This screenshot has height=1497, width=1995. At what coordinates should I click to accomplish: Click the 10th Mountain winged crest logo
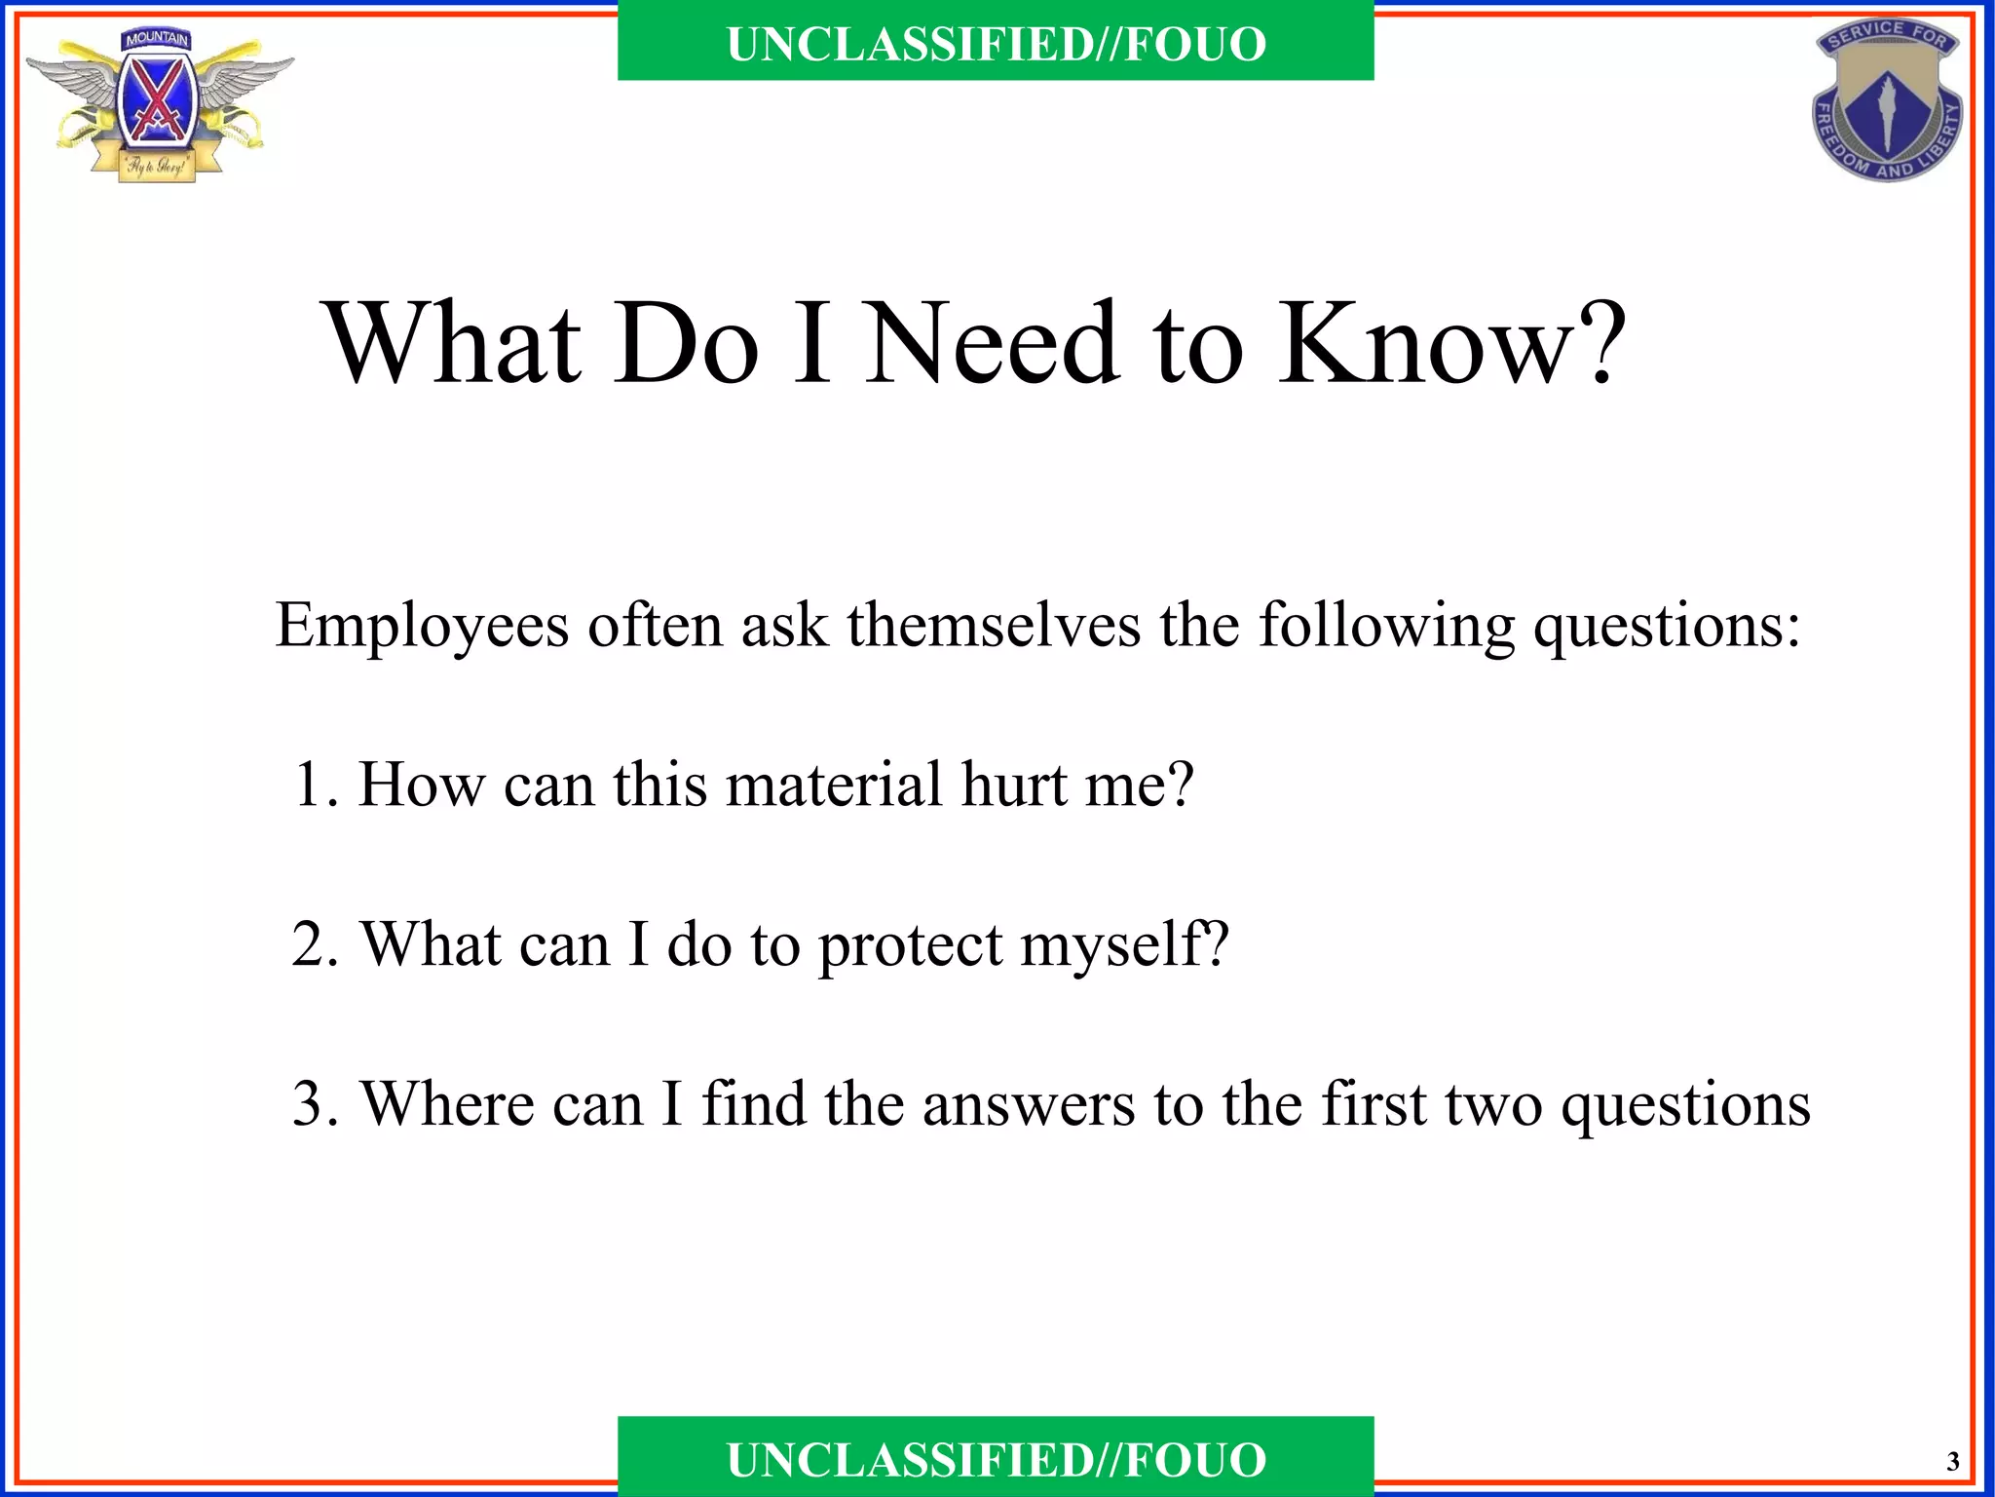pyautogui.click(x=159, y=105)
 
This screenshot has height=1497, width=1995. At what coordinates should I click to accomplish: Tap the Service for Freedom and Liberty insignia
pyautogui.click(x=1888, y=101)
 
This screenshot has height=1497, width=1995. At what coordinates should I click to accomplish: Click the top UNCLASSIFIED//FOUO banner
pyautogui.click(x=996, y=44)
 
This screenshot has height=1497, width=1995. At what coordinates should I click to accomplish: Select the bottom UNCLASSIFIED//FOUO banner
pyautogui.click(x=996, y=1459)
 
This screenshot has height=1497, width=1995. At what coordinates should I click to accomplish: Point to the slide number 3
pyautogui.click(x=1952, y=1462)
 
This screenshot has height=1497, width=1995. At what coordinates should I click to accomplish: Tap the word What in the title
pyautogui.click(x=454, y=343)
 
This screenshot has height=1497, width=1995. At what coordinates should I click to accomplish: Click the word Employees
pyautogui.click(x=421, y=626)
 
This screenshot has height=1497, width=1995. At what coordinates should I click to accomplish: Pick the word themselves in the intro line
pyautogui.click(x=994, y=624)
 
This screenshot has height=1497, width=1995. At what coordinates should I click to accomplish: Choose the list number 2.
pyautogui.click(x=312, y=944)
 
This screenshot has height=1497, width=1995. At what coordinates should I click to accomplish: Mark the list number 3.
pyautogui.click(x=312, y=1104)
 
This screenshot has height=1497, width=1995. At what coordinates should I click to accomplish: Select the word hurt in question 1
pyautogui.click(x=1013, y=785)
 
